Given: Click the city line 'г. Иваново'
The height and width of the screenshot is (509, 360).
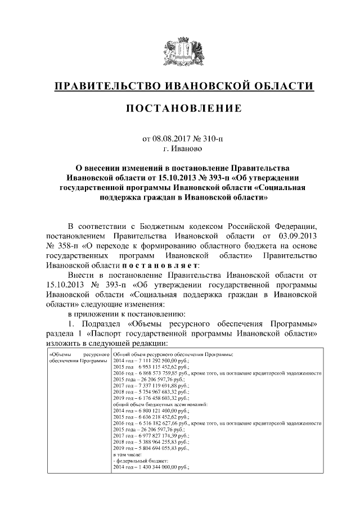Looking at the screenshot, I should pos(180,149).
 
